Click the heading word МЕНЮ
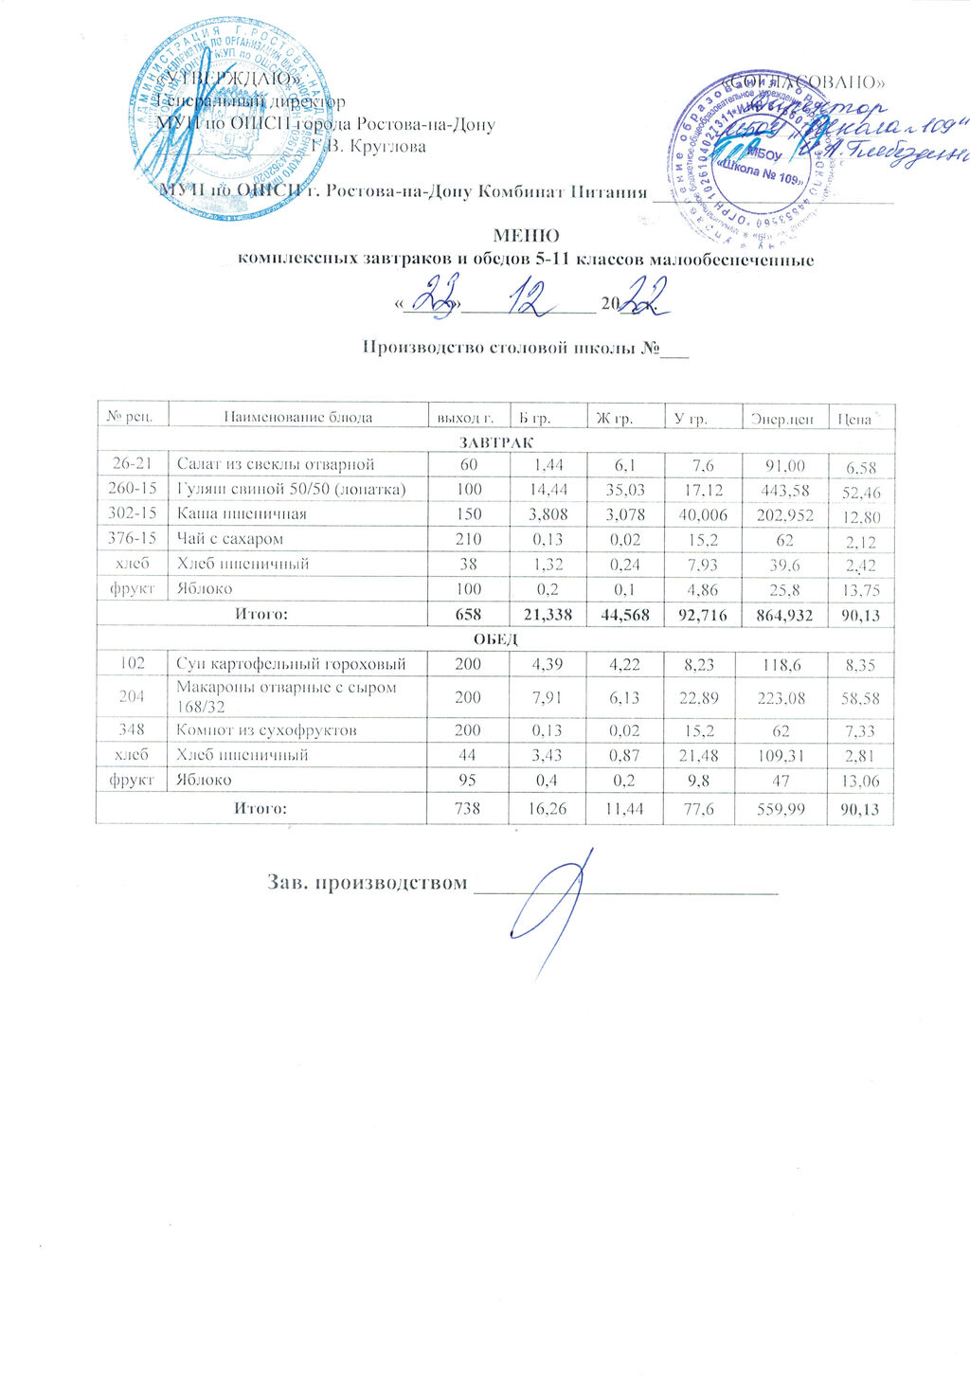pyautogui.click(x=526, y=236)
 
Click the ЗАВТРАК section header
pyautogui.click(x=496, y=442)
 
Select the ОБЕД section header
pyautogui.click(x=496, y=639)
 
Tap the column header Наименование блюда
pyautogui.click(x=297, y=417)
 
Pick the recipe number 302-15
pyautogui.click(x=134, y=514)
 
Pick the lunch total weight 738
pyautogui.click(x=468, y=809)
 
